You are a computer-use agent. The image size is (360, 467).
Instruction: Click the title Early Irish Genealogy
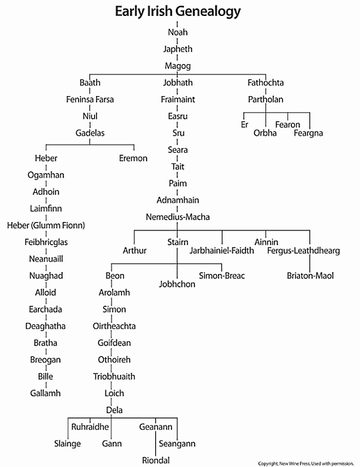tap(177, 12)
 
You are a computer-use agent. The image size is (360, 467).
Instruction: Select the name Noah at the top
tap(177, 32)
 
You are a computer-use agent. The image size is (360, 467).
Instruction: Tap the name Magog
tap(177, 66)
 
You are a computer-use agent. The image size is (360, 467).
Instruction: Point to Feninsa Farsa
tap(90, 99)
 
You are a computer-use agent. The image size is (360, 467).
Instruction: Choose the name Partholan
tap(266, 99)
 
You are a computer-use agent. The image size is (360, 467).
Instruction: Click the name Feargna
tap(308, 133)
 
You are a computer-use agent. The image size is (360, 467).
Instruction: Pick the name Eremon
tap(133, 158)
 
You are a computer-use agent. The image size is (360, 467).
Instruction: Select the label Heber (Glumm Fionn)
tap(46, 225)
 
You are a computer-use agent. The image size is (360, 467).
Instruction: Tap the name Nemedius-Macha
tap(177, 217)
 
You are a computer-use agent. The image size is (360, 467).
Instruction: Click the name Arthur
tap(135, 250)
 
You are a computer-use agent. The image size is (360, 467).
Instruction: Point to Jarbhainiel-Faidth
tap(222, 250)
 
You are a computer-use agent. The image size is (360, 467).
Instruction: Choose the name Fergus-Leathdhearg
tap(303, 251)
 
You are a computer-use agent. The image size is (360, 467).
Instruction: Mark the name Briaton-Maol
tap(310, 276)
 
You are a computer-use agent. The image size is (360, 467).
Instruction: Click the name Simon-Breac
tap(222, 276)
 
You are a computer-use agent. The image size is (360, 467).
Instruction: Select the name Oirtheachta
tap(114, 326)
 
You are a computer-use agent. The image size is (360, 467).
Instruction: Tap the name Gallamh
tap(45, 393)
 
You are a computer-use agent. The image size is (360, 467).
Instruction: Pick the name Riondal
tap(155, 460)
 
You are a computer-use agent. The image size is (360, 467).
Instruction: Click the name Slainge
tap(67, 444)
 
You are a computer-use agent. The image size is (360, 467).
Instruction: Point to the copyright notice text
tap(306, 464)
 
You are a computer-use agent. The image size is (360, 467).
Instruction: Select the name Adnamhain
tap(177, 200)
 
